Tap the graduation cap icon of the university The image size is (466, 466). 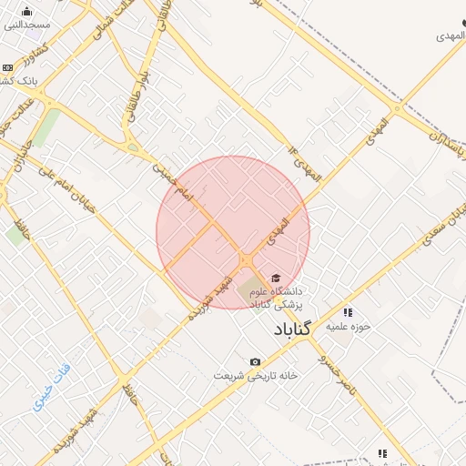click(x=275, y=279)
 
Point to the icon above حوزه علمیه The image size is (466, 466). click(x=347, y=312)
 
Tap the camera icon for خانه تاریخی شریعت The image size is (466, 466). click(x=255, y=361)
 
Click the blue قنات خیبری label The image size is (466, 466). click(x=56, y=389)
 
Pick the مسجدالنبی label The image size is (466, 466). click(x=27, y=25)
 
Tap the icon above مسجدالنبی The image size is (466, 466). click(x=26, y=12)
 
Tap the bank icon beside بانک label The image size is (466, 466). click(x=7, y=67)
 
